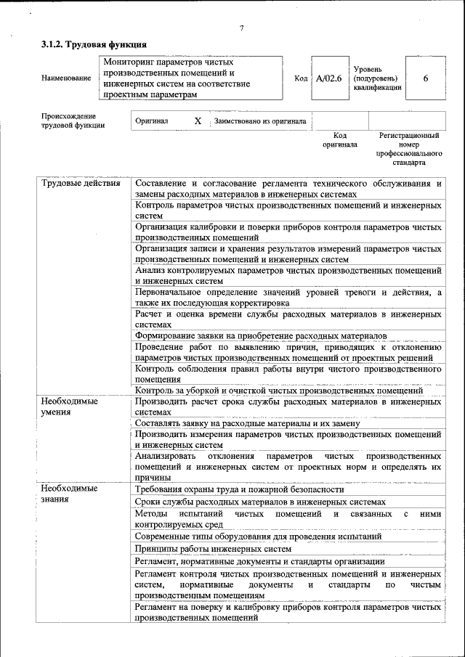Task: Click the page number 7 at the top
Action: coord(241,29)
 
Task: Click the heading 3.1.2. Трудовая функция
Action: coord(89,45)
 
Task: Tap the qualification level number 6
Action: coord(425,78)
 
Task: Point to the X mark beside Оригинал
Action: coord(198,121)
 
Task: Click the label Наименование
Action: coord(66,78)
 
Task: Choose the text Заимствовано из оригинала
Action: coord(259,121)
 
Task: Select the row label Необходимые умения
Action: coord(69,406)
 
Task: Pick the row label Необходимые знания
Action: coord(69,493)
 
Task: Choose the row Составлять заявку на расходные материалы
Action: coord(247,423)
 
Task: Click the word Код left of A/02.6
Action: coord(301,78)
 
